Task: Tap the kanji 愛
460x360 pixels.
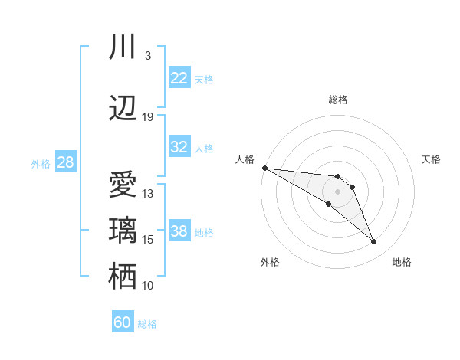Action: click(x=123, y=185)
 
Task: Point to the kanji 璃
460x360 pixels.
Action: click(x=123, y=231)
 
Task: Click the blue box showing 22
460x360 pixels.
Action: click(x=179, y=78)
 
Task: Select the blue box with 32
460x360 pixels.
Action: click(x=179, y=147)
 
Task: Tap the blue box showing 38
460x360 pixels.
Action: click(x=179, y=231)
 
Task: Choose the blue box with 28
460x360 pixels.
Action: click(x=64, y=162)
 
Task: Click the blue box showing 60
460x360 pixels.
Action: click(x=123, y=322)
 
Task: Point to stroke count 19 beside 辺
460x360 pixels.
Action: click(x=148, y=117)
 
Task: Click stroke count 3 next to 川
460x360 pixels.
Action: click(x=147, y=56)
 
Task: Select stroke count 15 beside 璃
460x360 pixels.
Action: click(x=148, y=240)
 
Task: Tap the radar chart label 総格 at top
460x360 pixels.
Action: click(x=338, y=100)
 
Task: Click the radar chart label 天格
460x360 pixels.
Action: click(x=432, y=159)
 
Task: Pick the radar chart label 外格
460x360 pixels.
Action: click(x=270, y=262)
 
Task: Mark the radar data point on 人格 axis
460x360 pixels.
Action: click(x=264, y=168)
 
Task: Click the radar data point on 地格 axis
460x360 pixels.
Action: click(x=374, y=242)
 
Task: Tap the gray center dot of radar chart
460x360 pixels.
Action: click(x=338, y=191)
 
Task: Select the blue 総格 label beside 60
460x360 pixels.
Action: click(x=148, y=324)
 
